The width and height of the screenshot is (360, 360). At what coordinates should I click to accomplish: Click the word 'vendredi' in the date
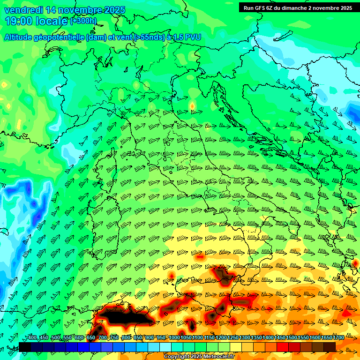pos(23,10)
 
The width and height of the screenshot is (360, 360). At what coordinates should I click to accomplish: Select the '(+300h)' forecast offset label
pos(83,21)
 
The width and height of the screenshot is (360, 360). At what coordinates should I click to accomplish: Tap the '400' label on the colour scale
pos(32,337)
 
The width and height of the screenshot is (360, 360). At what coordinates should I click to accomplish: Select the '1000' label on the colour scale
pos(174,337)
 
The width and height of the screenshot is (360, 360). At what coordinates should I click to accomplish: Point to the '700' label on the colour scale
pos(103,337)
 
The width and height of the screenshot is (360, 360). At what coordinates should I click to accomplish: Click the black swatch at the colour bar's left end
pos(25,347)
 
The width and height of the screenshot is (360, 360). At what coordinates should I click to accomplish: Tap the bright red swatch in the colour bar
pos(283,347)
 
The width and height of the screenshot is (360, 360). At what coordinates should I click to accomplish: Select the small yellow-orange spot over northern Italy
pos(192,106)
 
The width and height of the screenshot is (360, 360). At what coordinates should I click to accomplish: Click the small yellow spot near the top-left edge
pos(4,85)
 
